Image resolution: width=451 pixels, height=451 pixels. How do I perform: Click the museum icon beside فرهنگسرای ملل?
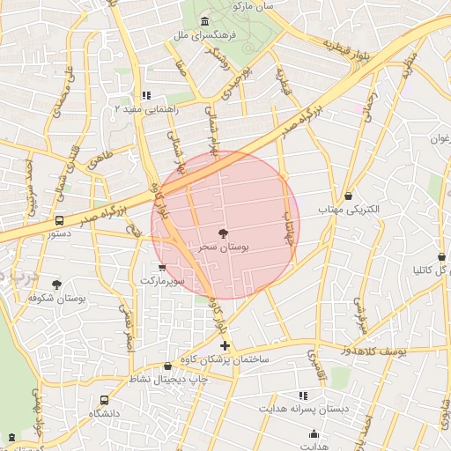click(x=205, y=21)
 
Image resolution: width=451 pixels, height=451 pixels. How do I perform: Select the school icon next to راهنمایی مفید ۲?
click(x=147, y=95)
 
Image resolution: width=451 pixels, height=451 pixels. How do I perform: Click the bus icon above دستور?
click(x=59, y=220)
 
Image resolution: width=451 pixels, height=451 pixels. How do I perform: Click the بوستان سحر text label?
click(x=224, y=248)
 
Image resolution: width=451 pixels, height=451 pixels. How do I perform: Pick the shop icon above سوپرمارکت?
click(x=161, y=266)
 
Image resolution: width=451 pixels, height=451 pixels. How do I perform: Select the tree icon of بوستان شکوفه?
click(x=57, y=285)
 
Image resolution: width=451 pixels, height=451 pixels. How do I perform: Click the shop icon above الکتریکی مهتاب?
click(x=350, y=195)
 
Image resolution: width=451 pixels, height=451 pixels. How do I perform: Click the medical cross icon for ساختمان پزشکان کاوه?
click(x=226, y=345)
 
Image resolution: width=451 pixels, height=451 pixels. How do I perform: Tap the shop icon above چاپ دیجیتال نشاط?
click(x=168, y=366)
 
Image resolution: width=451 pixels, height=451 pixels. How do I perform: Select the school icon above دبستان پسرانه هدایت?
click(x=304, y=396)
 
